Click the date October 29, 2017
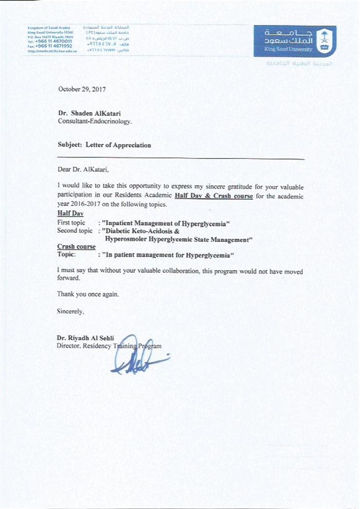point(82,89)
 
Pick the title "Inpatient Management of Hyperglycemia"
point(165,222)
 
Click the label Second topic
point(75,231)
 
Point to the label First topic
point(71,222)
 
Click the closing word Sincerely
point(70,311)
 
